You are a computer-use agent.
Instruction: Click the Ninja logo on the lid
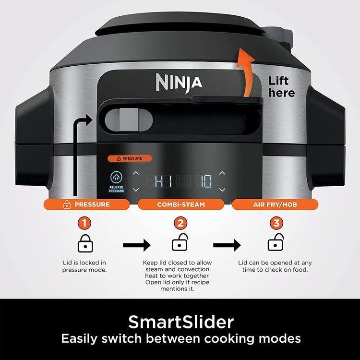(x=179, y=83)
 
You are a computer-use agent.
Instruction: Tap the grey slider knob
(x=129, y=120)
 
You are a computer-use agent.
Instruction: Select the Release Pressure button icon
(x=117, y=177)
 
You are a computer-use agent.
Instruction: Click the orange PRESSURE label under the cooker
(x=86, y=204)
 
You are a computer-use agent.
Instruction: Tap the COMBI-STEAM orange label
(x=181, y=204)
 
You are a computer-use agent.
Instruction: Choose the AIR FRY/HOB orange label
(x=275, y=204)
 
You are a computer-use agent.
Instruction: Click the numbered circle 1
(x=84, y=223)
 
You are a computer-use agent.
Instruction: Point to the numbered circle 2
(x=180, y=223)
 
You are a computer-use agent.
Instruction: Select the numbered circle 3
(x=276, y=223)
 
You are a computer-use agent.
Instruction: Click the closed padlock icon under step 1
(x=85, y=243)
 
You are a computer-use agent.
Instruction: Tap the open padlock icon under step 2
(x=180, y=242)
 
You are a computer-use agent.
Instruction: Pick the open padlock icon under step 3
(x=276, y=242)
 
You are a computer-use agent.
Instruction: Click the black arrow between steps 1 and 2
(x=137, y=245)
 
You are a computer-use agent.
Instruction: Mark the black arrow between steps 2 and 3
(x=227, y=245)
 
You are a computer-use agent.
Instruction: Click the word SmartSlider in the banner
(x=181, y=322)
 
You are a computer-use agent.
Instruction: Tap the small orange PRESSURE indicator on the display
(x=130, y=158)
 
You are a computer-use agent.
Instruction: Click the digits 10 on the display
(x=204, y=181)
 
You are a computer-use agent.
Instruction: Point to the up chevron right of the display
(x=222, y=173)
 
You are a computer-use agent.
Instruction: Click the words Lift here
(x=281, y=87)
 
